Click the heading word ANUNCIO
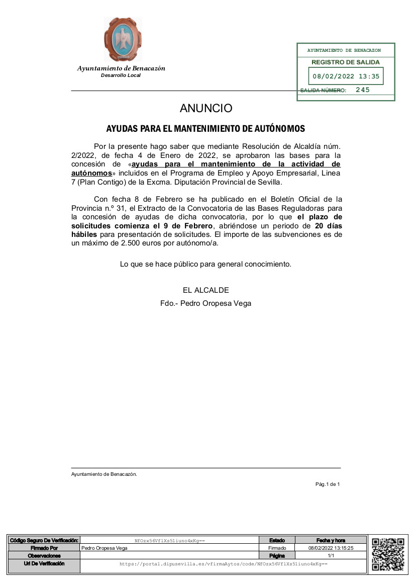[206, 108]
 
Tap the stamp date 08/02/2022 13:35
[346, 77]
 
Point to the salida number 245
[362, 90]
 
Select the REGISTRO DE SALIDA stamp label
[346, 62]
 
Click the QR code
[388, 554]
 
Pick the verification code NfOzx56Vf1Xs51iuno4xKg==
[170, 541]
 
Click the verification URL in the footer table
[223, 564]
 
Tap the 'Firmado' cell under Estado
[277, 548]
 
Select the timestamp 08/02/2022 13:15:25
[331, 548]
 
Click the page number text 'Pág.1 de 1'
[328, 484]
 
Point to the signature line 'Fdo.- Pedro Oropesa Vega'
[205, 303]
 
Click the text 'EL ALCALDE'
[206, 290]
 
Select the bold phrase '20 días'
[329, 226]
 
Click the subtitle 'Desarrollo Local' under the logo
[121, 75]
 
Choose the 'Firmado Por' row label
[44, 548]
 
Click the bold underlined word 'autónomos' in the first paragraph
[91, 173]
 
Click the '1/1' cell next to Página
[331, 556]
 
